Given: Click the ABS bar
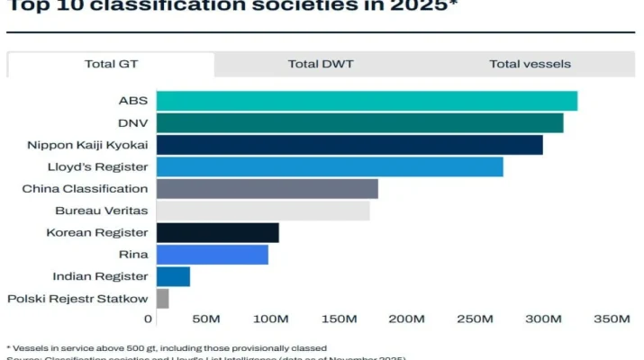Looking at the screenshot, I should (x=367, y=101).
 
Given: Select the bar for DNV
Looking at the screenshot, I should (x=359, y=122).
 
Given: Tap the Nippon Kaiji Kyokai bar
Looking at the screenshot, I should (x=349, y=145).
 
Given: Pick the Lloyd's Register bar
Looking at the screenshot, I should (x=330, y=166).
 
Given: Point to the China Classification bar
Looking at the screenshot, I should (x=267, y=189).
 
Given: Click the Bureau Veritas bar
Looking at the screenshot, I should (x=263, y=211).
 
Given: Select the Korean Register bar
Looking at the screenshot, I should (x=217, y=233).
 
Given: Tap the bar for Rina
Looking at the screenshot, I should (x=212, y=255).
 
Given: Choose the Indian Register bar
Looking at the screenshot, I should (x=173, y=276).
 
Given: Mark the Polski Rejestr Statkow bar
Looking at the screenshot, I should (x=162, y=299).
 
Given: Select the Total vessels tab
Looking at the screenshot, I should (x=530, y=64).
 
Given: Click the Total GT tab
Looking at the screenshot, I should (x=111, y=64).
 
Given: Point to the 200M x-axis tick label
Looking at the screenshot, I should (x=407, y=319).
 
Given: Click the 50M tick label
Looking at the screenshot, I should (x=206, y=319).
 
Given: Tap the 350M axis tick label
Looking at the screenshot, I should (x=612, y=319).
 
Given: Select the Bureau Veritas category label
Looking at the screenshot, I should (x=101, y=211).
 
